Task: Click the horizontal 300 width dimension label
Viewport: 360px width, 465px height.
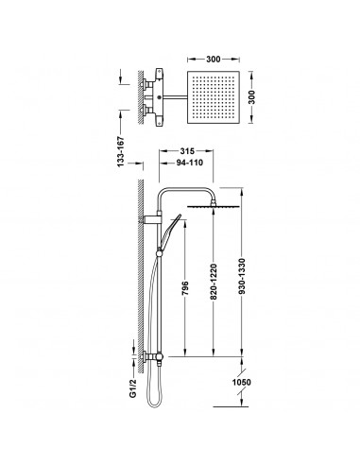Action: pyautogui.click(x=214, y=60)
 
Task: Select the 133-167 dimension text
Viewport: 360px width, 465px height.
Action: pyautogui.click(x=121, y=152)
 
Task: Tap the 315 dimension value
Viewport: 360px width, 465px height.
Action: pyautogui.click(x=187, y=151)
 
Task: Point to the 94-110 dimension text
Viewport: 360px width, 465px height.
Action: pyautogui.click(x=189, y=163)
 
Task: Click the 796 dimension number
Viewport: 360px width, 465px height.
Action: pyautogui.click(x=185, y=288)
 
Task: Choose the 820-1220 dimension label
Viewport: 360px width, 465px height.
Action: pyautogui.click(x=214, y=282)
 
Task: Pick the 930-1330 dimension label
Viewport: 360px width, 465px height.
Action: pyautogui.click(x=242, y=277)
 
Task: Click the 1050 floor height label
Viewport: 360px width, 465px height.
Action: pyautogui.click(x=242, y=382)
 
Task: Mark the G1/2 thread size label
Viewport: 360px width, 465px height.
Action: pyautogui.click(x=133, y=389)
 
